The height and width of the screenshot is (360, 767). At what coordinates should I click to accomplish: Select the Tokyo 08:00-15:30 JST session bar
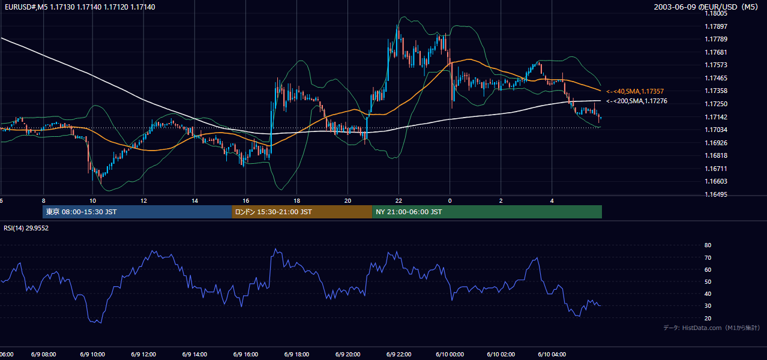(x=137, y=212)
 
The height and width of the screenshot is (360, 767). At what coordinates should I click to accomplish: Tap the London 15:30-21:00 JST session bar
(x=302, y=212)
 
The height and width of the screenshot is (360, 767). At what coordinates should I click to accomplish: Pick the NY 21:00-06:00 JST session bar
(x=487, y=212)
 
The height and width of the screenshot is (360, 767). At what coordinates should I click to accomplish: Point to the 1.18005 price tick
(x=716, y=14)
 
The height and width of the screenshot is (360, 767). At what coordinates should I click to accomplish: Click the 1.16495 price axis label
(x=716, y=194)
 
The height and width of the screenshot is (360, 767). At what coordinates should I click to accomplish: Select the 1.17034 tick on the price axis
(x=716, y=130)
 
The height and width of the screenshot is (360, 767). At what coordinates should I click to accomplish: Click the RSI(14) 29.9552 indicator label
(x=26, y=228)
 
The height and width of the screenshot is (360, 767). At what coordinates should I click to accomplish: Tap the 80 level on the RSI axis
(x=708, y=245)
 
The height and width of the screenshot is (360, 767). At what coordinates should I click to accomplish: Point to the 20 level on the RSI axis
(x=708, y=318)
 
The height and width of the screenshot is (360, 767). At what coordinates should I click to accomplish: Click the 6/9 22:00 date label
(x=399, y=355)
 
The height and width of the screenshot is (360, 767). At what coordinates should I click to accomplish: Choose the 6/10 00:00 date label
(x=450, y=355)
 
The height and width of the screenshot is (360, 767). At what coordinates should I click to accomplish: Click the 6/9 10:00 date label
(x=92, y=355)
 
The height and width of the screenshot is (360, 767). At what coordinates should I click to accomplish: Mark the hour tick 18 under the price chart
(x=296, y=201)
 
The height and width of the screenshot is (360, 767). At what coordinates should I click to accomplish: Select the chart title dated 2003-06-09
(x=706, y=7)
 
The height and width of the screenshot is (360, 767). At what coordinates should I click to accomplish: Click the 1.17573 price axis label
(x=716, y=65)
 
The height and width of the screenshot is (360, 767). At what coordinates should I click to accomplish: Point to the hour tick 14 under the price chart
(x=194, y=201)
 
